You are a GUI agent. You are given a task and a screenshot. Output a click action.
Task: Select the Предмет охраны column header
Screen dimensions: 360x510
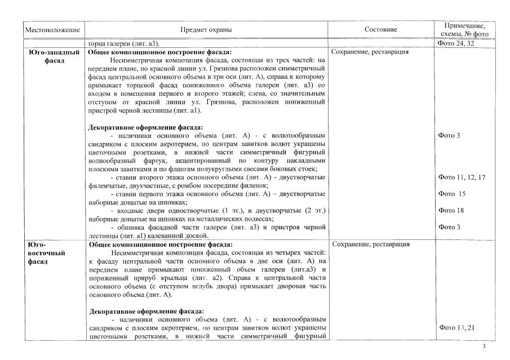tap(206, 29)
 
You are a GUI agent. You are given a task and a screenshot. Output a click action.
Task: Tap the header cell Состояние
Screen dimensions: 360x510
tap(382, 29)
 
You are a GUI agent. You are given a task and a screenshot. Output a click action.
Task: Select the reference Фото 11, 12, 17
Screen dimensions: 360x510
tap(462, 177)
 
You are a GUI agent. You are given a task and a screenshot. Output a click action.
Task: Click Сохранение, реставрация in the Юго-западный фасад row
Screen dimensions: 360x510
tap(370, 52)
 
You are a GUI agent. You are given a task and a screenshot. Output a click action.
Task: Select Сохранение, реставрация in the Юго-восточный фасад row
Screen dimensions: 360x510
tap(370, 245)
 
